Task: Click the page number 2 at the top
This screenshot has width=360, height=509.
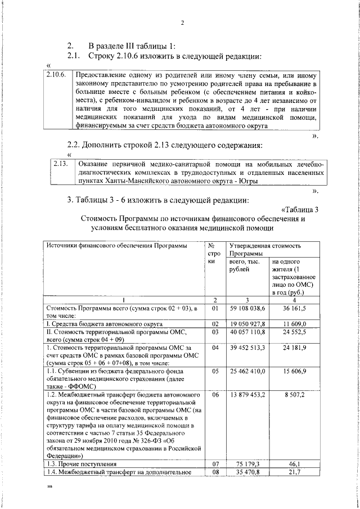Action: coord(183,23)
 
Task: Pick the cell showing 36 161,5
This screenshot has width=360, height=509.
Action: coord(294,308)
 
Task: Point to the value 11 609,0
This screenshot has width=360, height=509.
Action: coord(294,325)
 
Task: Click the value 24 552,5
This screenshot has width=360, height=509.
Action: coord(294,332)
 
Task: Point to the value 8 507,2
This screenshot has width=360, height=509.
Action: coord(295,397)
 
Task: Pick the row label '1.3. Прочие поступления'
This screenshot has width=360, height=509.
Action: coord(82,464)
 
